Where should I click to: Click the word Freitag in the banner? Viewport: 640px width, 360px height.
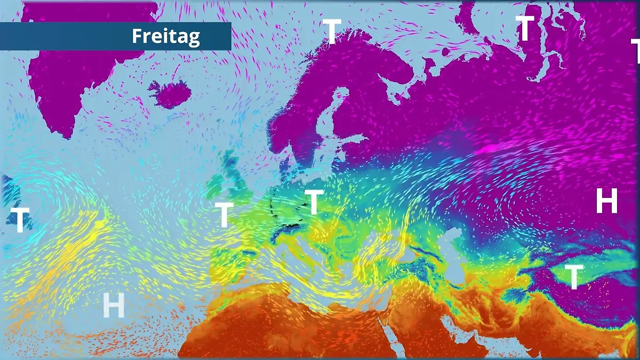[165, 36]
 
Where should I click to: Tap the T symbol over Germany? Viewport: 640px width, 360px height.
[314, 202]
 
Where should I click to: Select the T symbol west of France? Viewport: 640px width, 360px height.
[224, 214]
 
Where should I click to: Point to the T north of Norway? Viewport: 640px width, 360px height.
[332, 31]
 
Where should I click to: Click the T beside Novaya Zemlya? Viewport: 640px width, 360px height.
[525, 28]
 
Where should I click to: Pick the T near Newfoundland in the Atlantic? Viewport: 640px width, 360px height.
[19, 220]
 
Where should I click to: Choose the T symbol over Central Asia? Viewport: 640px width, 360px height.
[573, 277]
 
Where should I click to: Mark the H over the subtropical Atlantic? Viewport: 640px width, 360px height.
[113, 306]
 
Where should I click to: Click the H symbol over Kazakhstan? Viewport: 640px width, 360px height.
[606, 201]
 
